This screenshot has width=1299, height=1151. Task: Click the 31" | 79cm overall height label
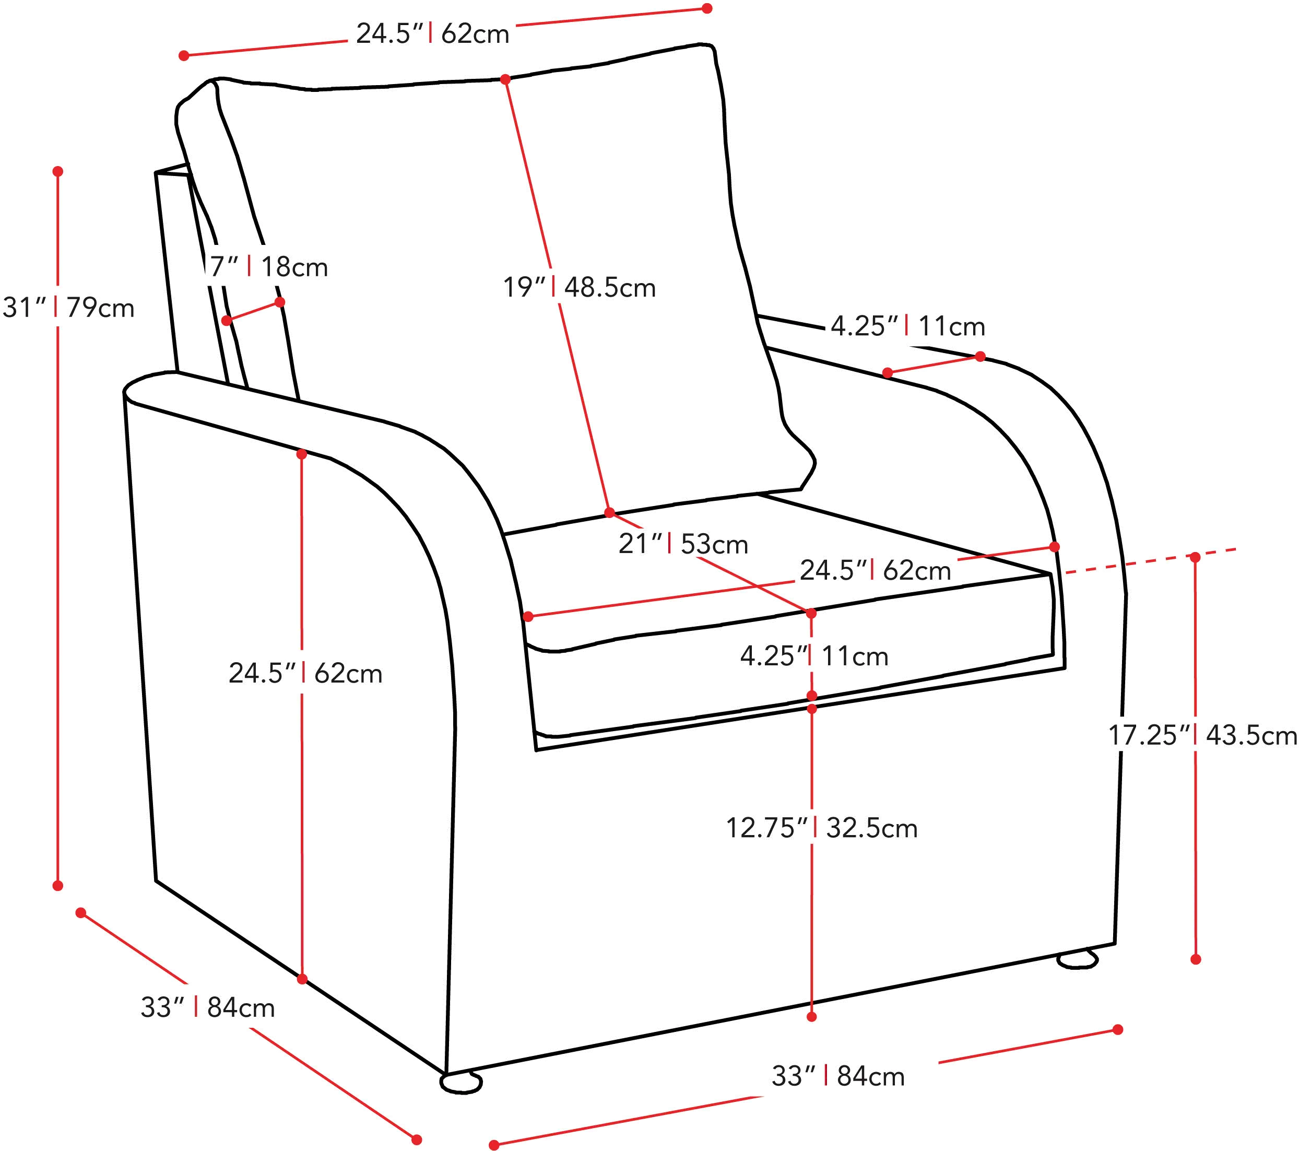point(68,308)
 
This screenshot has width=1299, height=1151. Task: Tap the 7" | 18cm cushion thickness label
point(269,267)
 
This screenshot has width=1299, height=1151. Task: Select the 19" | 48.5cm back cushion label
point(579,287)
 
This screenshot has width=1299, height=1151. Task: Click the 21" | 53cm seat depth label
point(683,544)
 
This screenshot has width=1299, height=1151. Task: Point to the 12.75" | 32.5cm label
point(822,828)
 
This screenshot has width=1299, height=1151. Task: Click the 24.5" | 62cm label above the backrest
point(433,34)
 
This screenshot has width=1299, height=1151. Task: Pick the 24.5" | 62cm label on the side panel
point(305,673)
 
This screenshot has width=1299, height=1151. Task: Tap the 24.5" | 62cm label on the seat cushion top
point(875,570)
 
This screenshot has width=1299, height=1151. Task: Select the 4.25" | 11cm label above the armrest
point(908,326)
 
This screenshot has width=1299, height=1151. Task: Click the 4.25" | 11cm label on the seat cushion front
point(814,656)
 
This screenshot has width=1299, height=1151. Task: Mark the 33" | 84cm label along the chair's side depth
point(208,1007)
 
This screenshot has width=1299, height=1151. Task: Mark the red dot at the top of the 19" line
point(505,79)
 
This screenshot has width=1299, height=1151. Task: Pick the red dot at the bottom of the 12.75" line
point(811,1017)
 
